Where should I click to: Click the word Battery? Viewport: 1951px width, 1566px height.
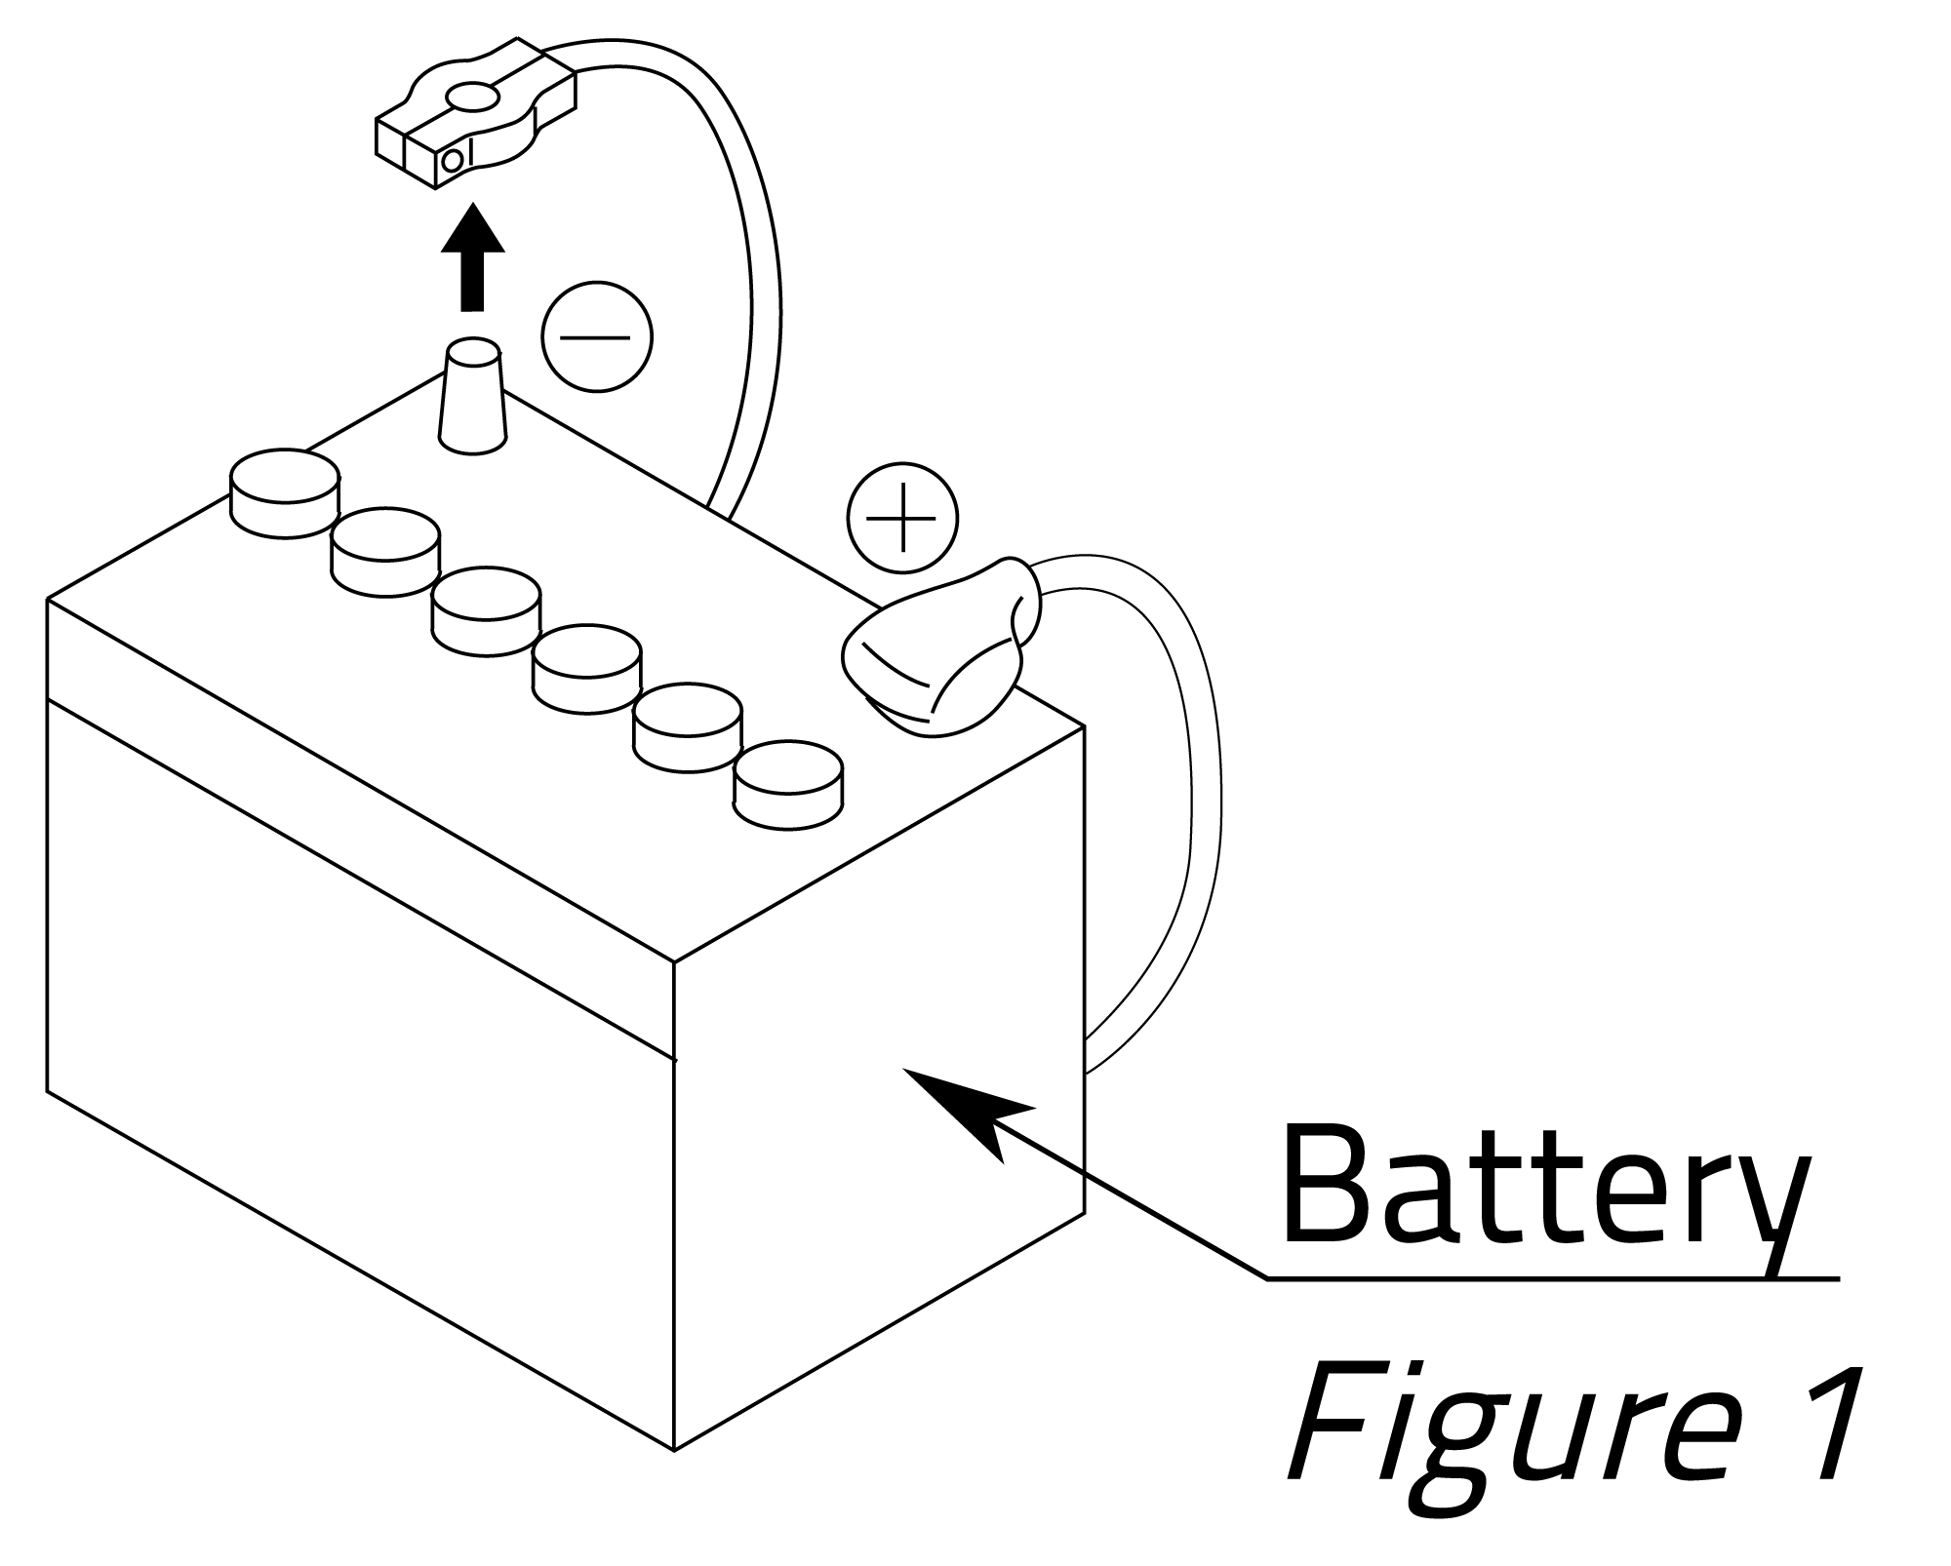click(x=1541, y=1190)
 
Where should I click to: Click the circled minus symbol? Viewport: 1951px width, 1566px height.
click(x=596, y=337)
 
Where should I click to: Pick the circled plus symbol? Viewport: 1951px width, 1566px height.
click(x=902, y=517)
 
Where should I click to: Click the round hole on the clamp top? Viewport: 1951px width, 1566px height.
click(x=472, y=97)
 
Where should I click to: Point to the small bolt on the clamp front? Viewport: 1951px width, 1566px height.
click(x=452, y=161)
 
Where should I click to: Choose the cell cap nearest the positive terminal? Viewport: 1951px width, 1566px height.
click(x=788, y=785)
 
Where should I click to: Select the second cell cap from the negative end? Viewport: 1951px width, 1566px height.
click(x=385, y=551)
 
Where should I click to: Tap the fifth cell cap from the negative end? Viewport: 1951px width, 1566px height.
click(x=688, y=726)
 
